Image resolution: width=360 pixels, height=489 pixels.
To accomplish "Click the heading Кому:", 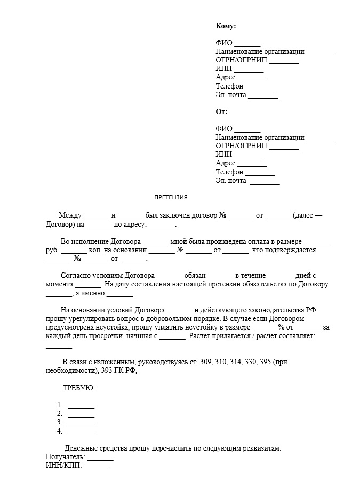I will (x=226, y=26).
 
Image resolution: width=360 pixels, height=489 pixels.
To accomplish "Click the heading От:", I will (x=221, y=112).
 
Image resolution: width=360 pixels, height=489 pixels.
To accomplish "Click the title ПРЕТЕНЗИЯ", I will (x=171, y=197).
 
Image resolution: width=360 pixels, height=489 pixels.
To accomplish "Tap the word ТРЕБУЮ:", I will (x=79, y=388).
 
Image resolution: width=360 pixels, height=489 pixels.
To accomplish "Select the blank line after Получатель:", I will (x=100, y=458).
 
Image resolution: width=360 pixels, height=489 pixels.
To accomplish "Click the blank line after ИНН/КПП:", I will (x=97, y=466).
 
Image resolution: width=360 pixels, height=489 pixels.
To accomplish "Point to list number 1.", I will (x=60, y=405).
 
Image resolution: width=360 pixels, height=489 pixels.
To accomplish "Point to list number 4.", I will (x=60, y=430).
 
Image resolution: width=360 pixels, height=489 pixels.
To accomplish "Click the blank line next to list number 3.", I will (x=81, y=422).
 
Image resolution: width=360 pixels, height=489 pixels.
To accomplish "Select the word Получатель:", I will (x=65, y=458).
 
